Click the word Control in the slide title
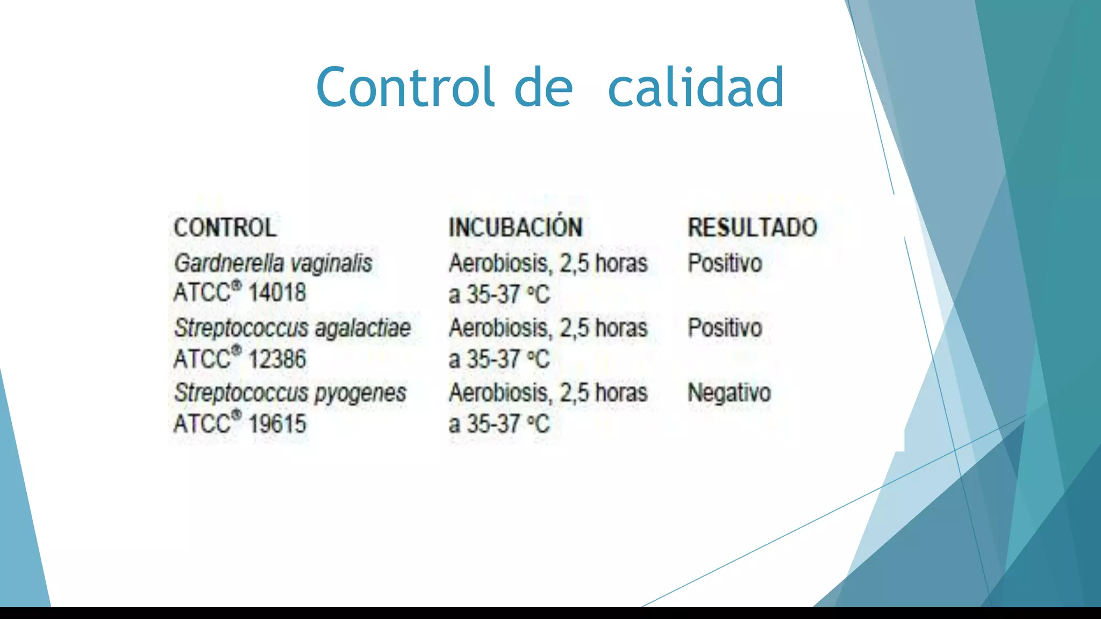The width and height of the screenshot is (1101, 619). [x=405, y=87]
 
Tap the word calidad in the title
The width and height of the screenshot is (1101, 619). [x=696, y=87]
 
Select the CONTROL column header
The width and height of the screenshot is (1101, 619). [x=225, y=228]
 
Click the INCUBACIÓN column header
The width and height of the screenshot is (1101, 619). [x=516, y=228]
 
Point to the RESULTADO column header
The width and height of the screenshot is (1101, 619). [x=752, y=228]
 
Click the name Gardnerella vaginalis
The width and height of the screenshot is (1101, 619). [x=273, y=264]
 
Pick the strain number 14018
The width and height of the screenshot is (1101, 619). [x=277, y=293]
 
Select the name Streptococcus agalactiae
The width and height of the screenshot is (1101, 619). [x=292, y=328]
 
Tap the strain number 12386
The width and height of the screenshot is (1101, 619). [x=277, y=359]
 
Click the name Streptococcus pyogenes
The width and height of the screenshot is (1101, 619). [x=290, y=393]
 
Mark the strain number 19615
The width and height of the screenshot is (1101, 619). [x=277, y=424]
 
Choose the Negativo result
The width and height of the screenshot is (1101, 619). [x=729, y=393]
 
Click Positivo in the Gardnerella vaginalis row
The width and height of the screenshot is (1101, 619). [x=725, y=263]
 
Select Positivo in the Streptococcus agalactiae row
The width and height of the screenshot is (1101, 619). [x=725, y=328]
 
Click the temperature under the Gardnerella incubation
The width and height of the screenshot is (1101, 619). [x=507, y=294]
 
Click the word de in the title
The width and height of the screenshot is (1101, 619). [x=544, y=87]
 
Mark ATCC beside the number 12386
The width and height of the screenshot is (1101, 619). [x=202, y=359]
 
